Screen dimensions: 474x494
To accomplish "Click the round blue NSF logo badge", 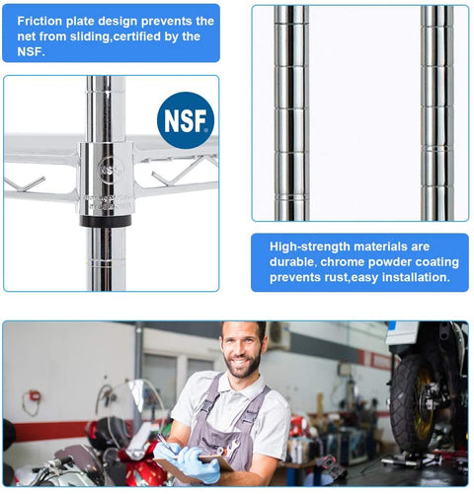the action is tap(186, 120).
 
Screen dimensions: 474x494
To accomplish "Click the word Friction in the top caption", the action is tap(39, 21).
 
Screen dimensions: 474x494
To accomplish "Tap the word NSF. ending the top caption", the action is tap(31, 51).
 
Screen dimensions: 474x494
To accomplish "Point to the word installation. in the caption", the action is tap(416, 277).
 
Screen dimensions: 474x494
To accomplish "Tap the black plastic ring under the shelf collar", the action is tap(106, 221).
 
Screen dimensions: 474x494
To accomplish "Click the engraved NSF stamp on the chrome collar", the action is tap(111, 169).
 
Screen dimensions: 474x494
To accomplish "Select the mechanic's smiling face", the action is tap(241, 351).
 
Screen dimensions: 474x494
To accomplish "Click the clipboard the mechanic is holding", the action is tap(194, 466).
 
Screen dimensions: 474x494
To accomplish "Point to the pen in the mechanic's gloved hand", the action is tap(165, 441).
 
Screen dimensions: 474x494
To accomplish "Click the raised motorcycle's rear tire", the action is tap(415, 404).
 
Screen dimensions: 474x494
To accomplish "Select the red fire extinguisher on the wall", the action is tap(35, 395).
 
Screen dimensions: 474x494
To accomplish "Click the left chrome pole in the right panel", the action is tap(291, 113).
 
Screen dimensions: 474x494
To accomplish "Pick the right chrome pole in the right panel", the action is tap(437, 113).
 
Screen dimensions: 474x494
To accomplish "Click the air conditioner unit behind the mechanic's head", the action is tap(279, 336).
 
